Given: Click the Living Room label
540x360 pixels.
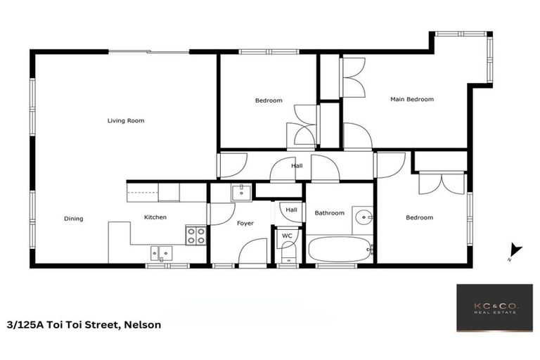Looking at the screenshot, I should pos(126,121).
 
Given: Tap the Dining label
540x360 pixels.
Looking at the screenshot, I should pos(74,219).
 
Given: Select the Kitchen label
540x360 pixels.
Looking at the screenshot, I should pos(155,217).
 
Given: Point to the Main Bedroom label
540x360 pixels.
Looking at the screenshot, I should pos(412,100).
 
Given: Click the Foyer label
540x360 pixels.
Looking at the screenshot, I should pos(245,224).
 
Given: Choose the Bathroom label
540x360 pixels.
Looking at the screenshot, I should pos(329,213).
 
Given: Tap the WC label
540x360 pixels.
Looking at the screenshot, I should pos(287,236).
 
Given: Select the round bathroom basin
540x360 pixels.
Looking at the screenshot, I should pos(363,216).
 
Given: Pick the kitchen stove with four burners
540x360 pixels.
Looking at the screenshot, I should pos(196,236).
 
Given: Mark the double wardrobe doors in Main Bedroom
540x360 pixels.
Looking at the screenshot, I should pos(352,77).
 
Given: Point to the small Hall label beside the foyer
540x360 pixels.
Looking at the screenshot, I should pos(291,210).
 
